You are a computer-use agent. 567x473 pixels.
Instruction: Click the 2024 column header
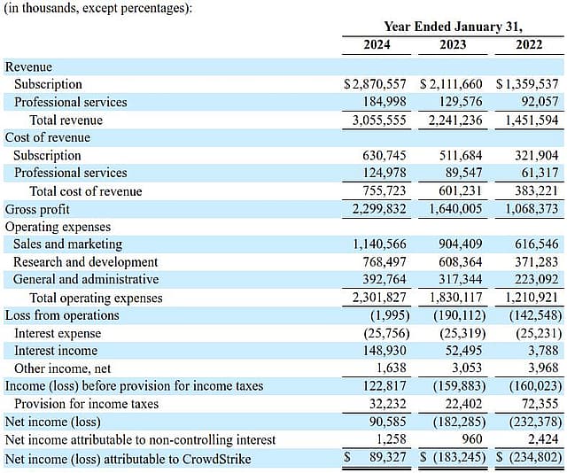pyautogui.click(x=377, y=45)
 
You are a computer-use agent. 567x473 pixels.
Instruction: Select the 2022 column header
pyautogui.click(x=529, y=45)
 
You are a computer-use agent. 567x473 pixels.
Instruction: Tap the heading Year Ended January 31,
pyautogui.click(x=453, y=27)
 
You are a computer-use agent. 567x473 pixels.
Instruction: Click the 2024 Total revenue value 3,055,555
pyautogui.click(x=379, y=120)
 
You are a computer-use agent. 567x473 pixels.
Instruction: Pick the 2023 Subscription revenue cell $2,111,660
pyautogui.click(x=451, y=84)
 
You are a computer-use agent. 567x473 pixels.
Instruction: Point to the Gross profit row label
pyautogui.click(x=37, y=209)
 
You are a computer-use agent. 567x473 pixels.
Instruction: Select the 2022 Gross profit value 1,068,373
pyautogui.click(x=532, y=209)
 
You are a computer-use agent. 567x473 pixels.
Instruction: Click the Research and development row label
pyautogui.click(x=85, y=262)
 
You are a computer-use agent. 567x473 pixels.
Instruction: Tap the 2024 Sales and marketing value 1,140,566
pyautogui.click(x=379, y=244)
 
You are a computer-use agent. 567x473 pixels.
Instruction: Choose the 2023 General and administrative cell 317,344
pyautogui.click(x=461, y=279)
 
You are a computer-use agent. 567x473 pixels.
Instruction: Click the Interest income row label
pyautogui.click(x=56, y=351)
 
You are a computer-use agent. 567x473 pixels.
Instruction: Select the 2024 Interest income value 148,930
pyautogui.click(x=384, y=351)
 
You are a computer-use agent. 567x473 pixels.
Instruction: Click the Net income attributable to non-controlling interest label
pyautogui.click(x=140, y=439)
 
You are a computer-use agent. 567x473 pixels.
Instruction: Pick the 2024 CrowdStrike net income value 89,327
pyautogui.click(x=388, y=457)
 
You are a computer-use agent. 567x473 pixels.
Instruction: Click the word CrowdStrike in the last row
pyautogui.click(x=216, y=459)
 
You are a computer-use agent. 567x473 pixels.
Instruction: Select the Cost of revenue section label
pyautogui.click(x=47, y=138)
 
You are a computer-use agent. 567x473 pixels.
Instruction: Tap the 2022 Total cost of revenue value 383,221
pyautogui.click(x=537, y=190)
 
